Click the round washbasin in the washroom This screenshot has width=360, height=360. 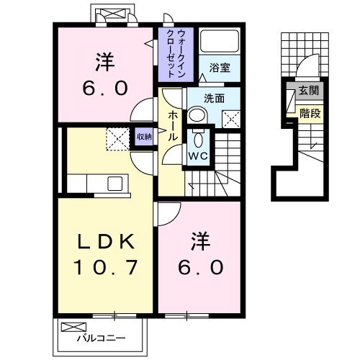click(197, 114)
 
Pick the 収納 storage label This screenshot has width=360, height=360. click(143, 136)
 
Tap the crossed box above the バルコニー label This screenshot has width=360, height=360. click(69, 328)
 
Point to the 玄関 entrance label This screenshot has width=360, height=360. click(310, 91)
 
